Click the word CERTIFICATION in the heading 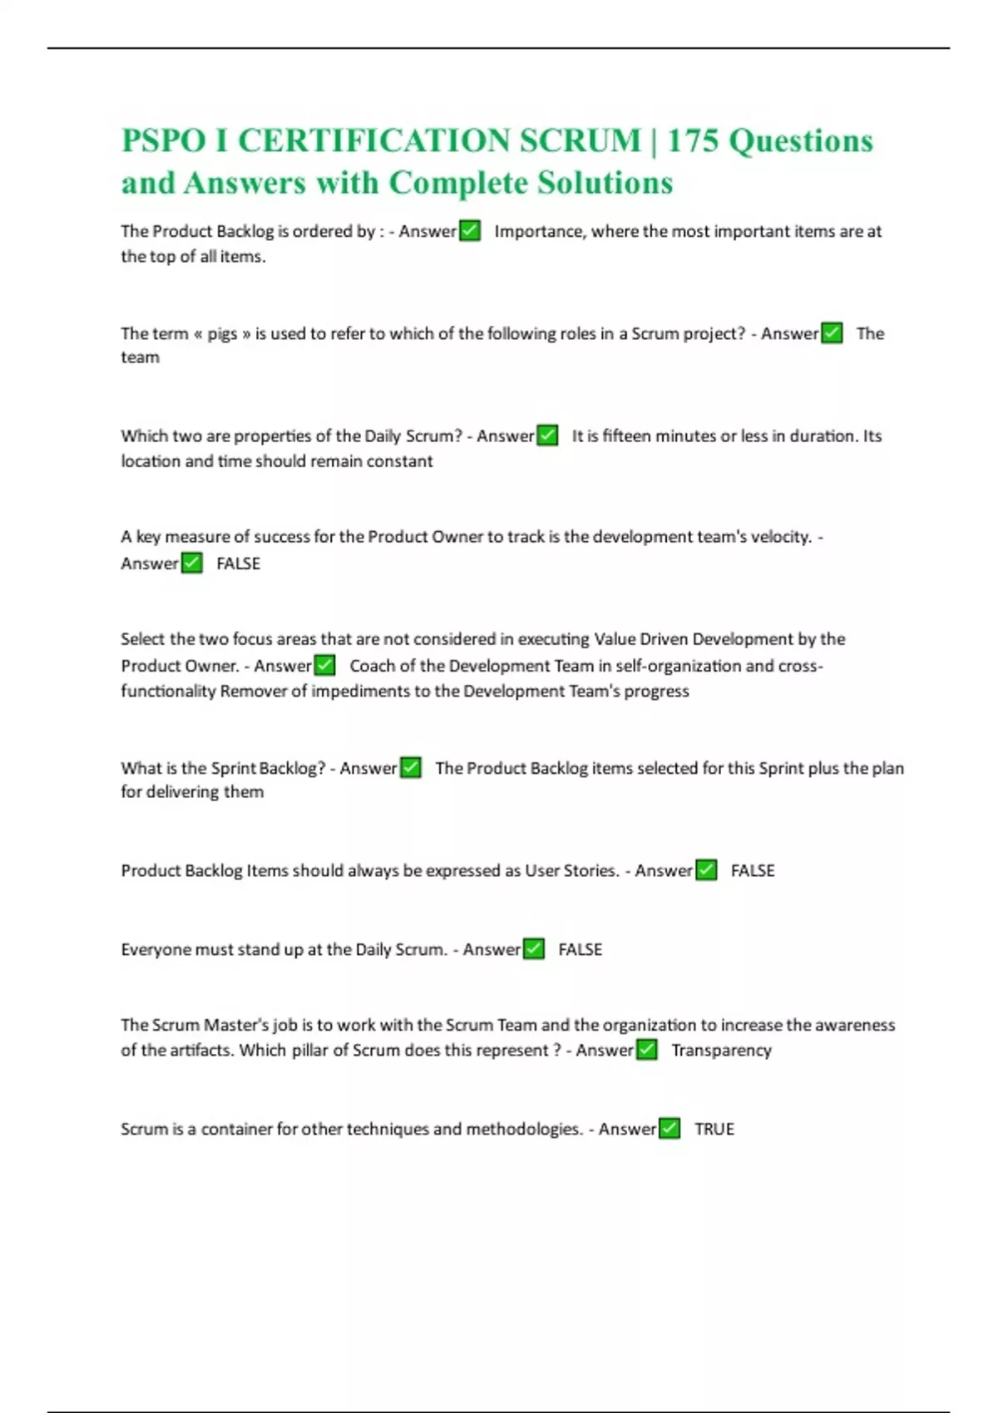tap(440, 140)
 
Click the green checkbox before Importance tap(470, 230)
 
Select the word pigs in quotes tap(222, 333)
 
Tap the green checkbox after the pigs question tap(832, 333)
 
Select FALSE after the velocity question tap(238, 564)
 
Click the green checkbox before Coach tap(325, 665)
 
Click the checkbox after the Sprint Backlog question tap(411, 767)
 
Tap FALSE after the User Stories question tap(753, 870)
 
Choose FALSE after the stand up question tap(580, 949)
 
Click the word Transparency tap(721, 1051)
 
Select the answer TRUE tap(714, 1129)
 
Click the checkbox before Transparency tap(646, 1050)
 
